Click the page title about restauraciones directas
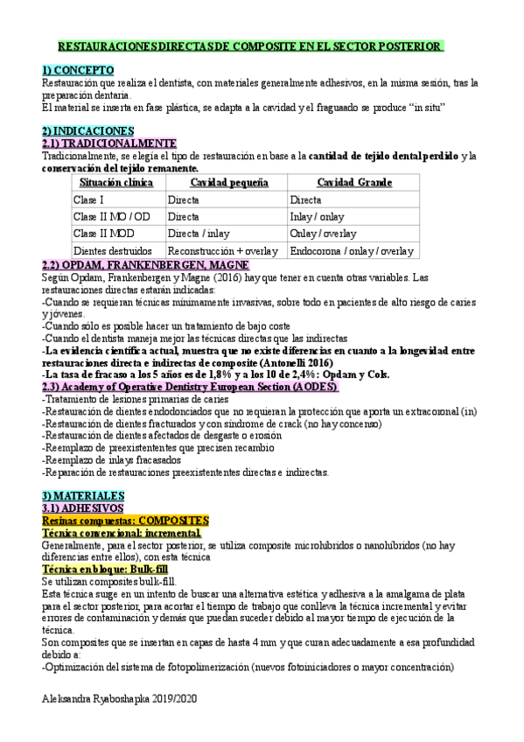tap(250, 45)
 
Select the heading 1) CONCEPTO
tap(77, 70)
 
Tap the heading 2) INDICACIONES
tap(87, 130)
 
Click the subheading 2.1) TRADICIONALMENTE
tap(108, 143)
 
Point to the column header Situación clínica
tap(115, 183)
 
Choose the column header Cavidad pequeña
tap(228, 183)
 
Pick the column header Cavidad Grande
tap(353, 183)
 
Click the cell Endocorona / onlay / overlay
tap(352, 250)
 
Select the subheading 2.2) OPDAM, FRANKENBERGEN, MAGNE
tap(145, 264)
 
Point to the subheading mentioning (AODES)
tap(191, 387)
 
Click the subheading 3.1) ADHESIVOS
tap(88, 507)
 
